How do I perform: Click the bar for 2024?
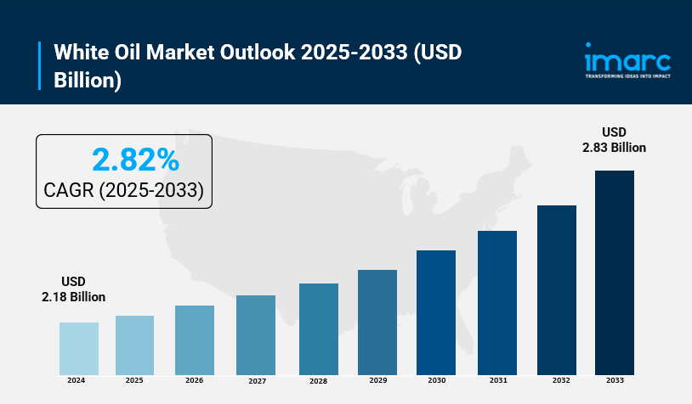tap(79, 349)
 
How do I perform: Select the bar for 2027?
tap(256, 335)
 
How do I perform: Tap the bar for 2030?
tap(436, 312)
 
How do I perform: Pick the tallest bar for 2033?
tap(615, 272)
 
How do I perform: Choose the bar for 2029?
tap(377, 323)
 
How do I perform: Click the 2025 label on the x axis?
tap(134, 381)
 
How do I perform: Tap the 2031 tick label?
tap(497, 381)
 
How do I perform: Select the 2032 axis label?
tap(557, 381)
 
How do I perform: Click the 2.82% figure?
tap(135, 159)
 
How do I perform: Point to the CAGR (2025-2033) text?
tap(123, 190)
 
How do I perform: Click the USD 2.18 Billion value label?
tap(74, 289)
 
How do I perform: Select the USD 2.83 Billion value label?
tap(614, 139)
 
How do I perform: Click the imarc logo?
tap(627, 59)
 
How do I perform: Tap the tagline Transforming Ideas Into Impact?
tap(627, 76)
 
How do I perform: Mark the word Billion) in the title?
tap(88, 81)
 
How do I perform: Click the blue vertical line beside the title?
tap(40, 66)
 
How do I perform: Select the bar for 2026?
tap(195, 340)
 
